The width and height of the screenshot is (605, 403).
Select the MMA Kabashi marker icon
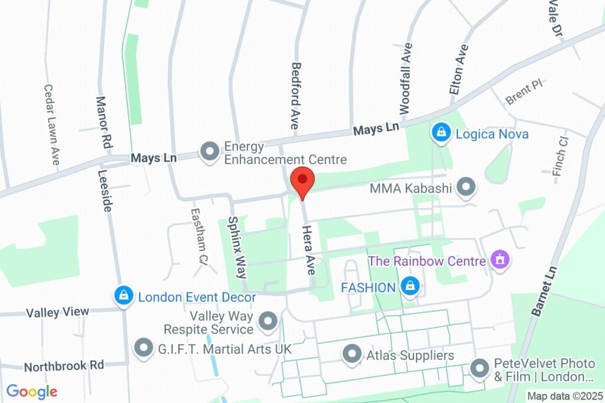(x=467, y=188)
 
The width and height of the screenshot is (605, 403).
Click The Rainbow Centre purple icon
(x=500, y=259)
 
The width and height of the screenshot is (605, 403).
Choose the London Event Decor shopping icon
(x=123, y=296)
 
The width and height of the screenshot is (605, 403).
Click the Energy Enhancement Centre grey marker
(x=209, y=152)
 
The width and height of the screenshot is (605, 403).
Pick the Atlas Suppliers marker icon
(x=352, y=355)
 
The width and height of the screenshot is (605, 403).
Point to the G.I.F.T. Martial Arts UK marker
(x=144, y=349)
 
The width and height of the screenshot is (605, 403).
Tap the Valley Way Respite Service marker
(x=268, y=322)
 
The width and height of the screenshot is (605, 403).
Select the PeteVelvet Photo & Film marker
(x=479, y=369)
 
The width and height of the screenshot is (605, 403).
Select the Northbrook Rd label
(x=64, y=366)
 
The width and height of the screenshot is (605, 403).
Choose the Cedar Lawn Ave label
(x=52, y=124)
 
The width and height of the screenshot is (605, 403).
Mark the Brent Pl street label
(x=523, y=93)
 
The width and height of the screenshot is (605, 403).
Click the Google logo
(x=31, y=391)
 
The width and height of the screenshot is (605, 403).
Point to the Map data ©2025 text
(x=564, y=396)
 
